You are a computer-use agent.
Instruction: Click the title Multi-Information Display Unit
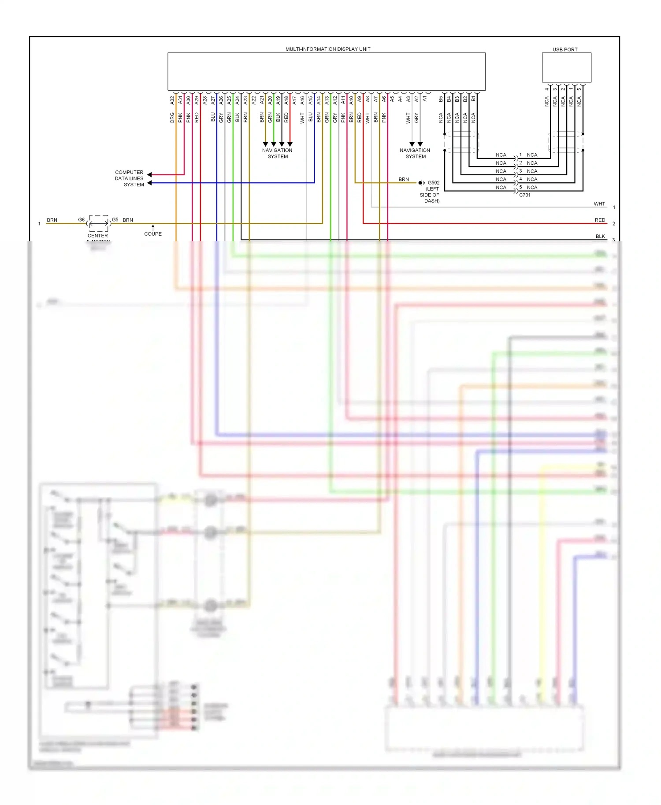click(327, 49)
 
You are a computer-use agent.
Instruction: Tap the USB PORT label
click(564, 49)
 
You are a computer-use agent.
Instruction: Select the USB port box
click(566, 67)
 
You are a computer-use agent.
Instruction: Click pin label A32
click(172, 100)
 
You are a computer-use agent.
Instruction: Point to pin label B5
click(441, 100)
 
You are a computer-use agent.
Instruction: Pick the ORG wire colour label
click(172, 118)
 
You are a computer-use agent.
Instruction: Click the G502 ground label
click(434, 182)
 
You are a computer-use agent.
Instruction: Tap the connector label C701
click(525, 195)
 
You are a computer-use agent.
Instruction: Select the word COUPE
click(153, 234)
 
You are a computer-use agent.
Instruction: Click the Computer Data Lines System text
click(129, 178)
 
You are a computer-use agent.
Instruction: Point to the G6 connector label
click(82, 219)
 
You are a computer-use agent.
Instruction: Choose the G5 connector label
click(115, 219)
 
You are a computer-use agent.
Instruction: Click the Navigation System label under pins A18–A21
click(277, 153)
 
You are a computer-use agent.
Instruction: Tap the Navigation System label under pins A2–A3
click(415, 153)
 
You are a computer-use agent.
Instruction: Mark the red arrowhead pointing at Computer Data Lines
click(150, 174)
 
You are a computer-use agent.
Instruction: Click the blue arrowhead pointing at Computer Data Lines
click(150, 183)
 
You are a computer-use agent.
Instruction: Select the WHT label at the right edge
click(599, 204)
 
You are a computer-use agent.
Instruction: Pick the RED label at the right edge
click(600, 220)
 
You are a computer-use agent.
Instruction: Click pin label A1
click(425, 100)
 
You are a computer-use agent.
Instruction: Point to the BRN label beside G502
click(404, 179)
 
